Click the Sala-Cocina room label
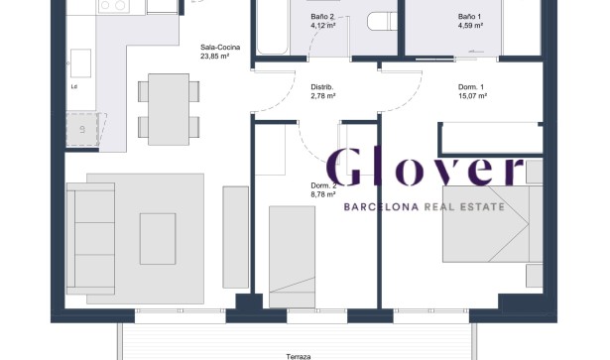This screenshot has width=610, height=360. [220, 48]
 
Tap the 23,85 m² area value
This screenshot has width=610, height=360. [214, 56]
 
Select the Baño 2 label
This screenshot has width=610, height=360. [322, 17]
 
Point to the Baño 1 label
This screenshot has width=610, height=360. [469, 17]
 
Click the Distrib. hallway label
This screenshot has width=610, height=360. [322, 87]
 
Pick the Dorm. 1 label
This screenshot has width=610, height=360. [471, 87]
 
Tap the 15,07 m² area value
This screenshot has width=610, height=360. [473, 96]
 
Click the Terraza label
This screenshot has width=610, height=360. [299, 356]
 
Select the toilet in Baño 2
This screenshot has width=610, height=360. [382, 21]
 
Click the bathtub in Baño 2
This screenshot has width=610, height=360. [273, 27]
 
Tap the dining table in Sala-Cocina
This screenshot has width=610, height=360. [169, 109]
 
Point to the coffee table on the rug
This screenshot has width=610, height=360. [158, 239]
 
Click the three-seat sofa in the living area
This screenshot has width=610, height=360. [90, 238]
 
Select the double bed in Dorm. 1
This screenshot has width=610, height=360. [493, 224]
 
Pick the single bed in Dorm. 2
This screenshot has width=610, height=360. [293, 257]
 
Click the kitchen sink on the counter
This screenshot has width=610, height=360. [80, 63]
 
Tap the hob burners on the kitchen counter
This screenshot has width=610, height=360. [114, 5]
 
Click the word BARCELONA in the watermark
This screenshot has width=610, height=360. [381, 207]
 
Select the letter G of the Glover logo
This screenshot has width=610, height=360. [344, 168]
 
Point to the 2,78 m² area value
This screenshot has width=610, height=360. [323, 96]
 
